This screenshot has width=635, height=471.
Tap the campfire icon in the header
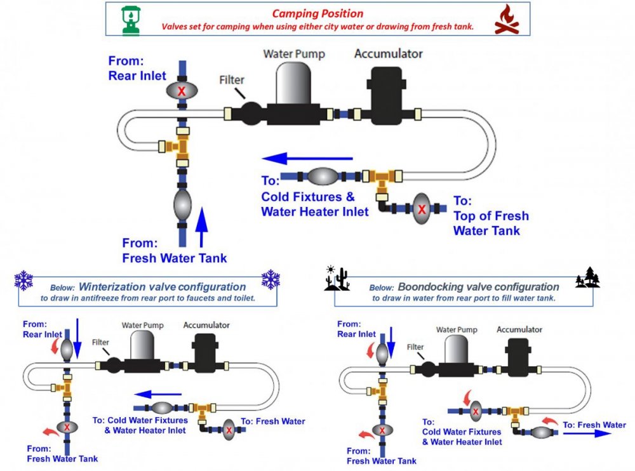pyautogui.click(x=506, y=20)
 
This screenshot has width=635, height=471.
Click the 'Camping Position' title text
pyautogui.click(x=317, y=13)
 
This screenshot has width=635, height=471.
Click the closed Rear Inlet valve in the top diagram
pyautogui.click(x=182, y=91)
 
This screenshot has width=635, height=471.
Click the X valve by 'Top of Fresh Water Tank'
pyautogui.click(x=420, y=208)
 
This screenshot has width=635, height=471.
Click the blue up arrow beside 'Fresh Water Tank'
pyautogui.click(x=201, y=227)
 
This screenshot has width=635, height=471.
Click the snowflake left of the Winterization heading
pyautogui.click(x=23, y=280)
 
